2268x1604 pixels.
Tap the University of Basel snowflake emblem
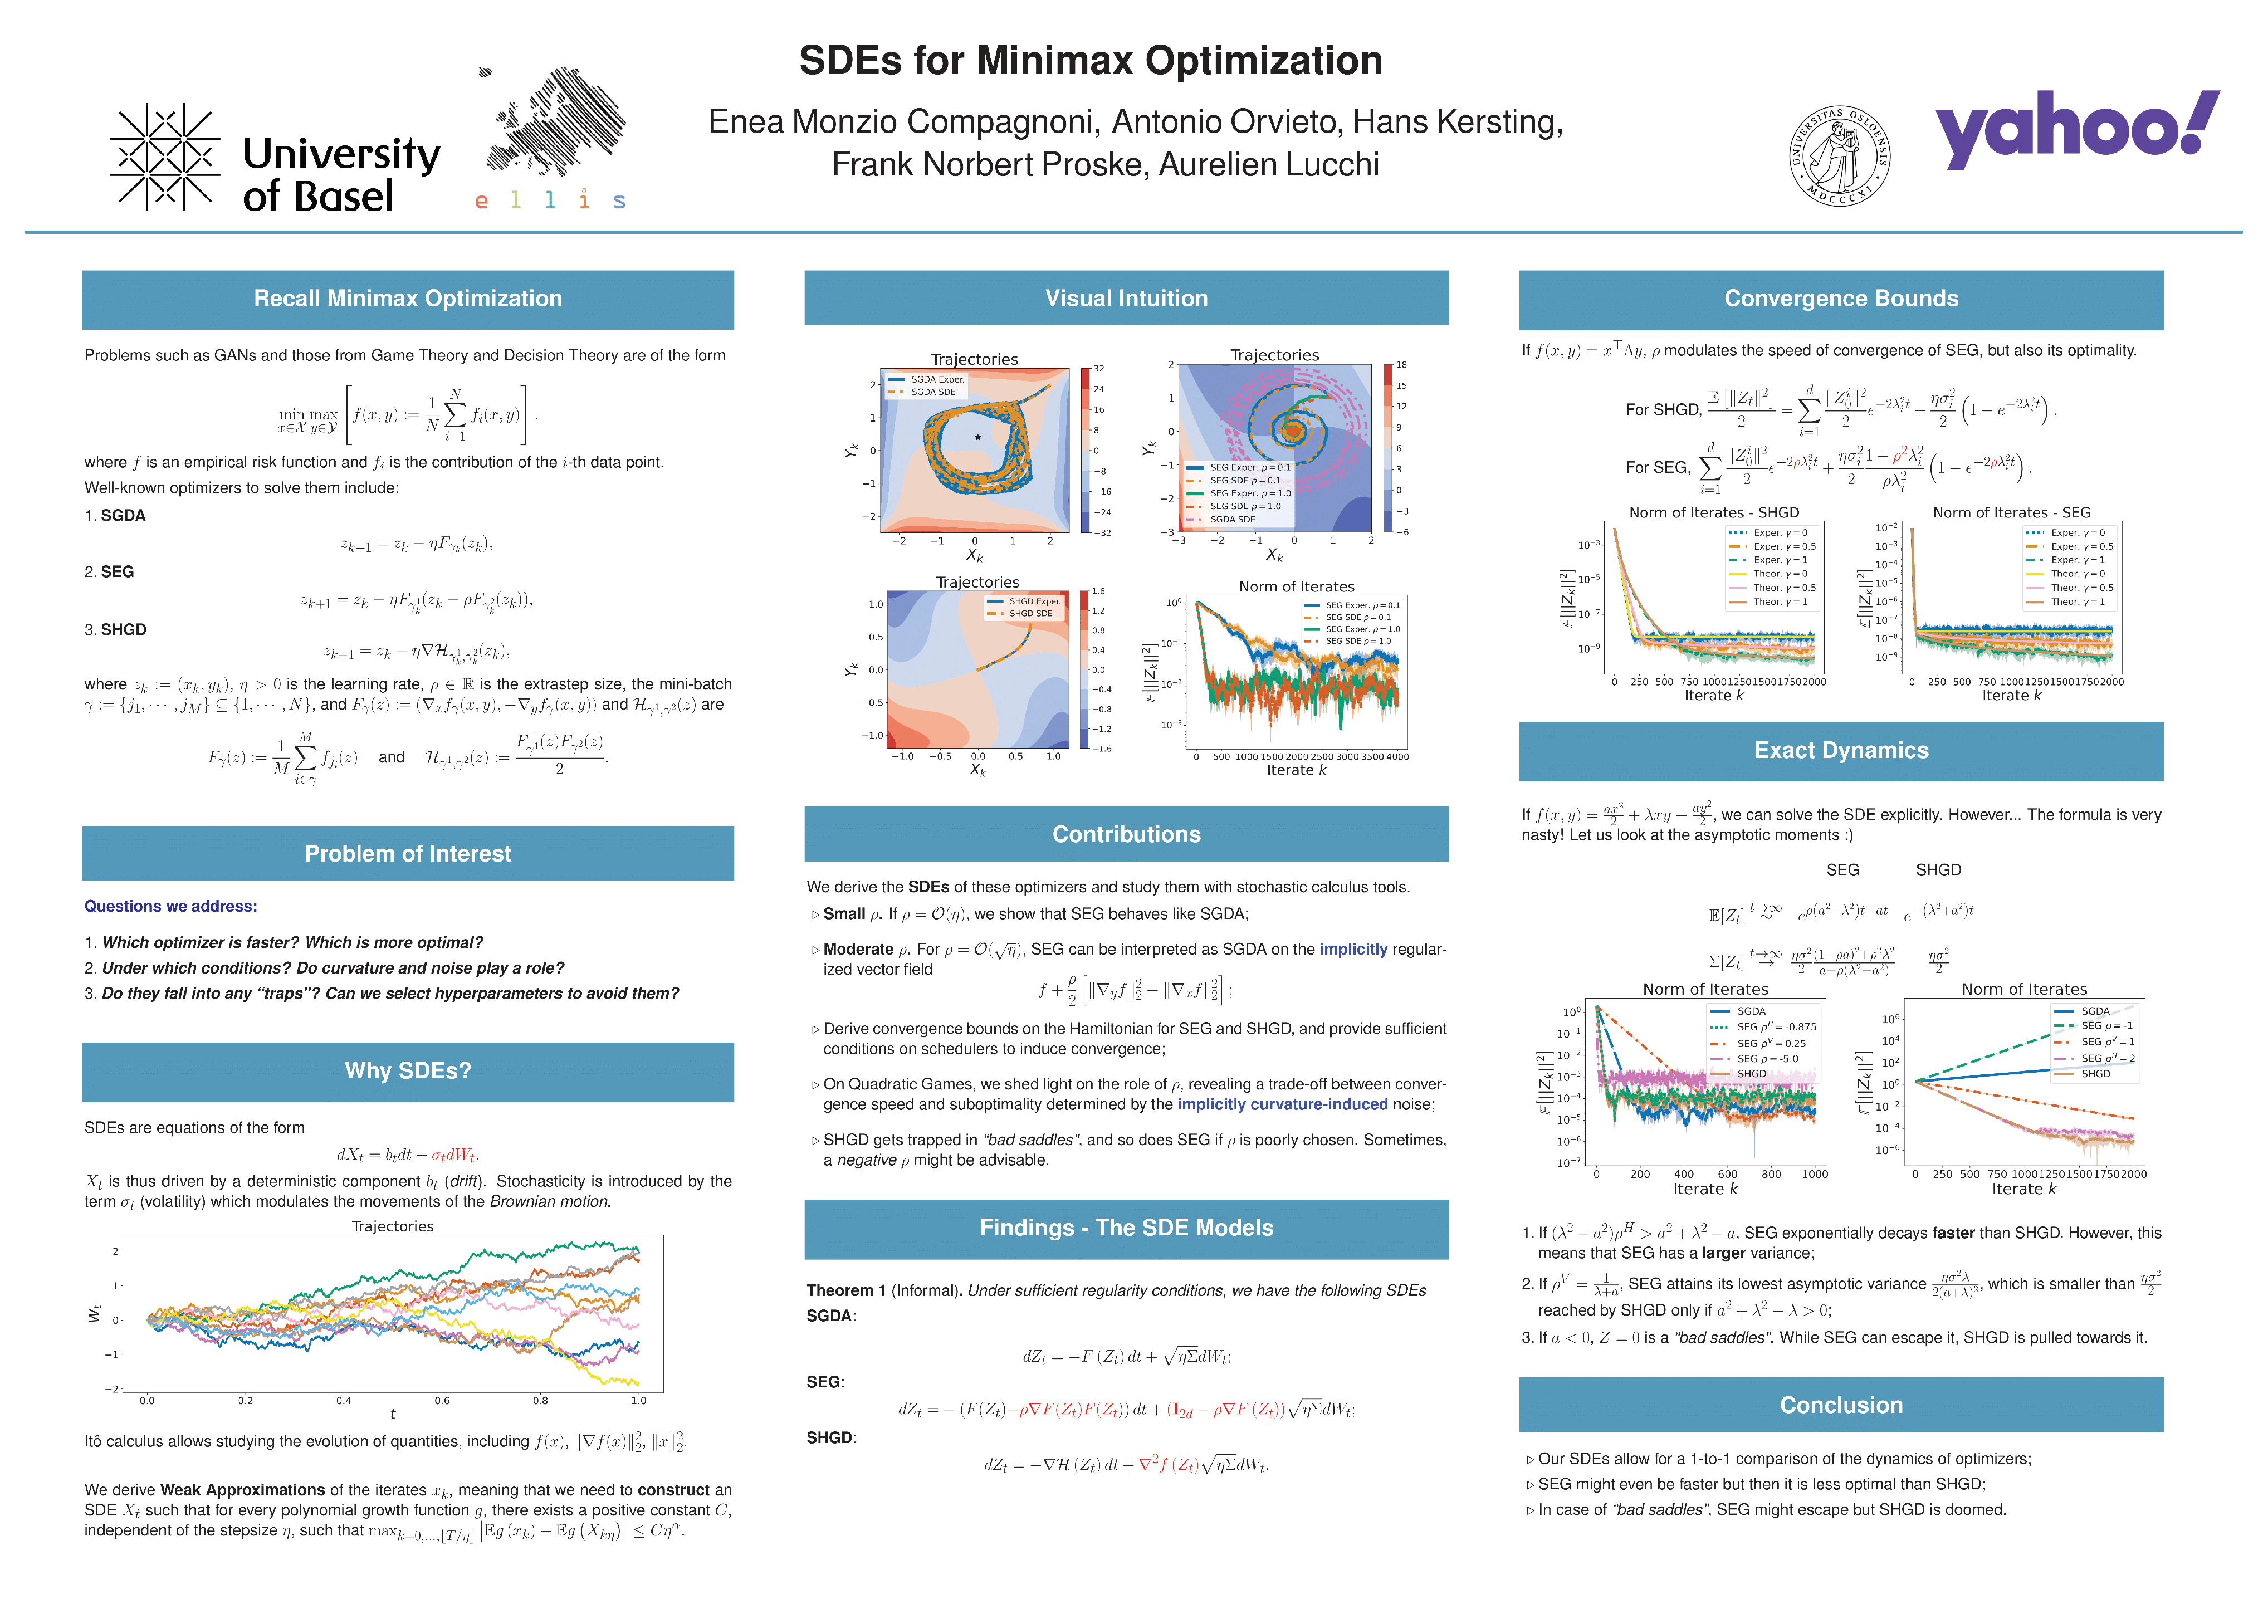point(165,156)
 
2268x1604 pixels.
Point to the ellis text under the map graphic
point(549,200)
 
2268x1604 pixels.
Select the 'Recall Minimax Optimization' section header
point(407,299)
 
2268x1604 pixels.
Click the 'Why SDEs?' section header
point(407,1070)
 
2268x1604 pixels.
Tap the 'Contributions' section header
point(1126,835)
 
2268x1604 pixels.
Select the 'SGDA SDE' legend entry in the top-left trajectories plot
point(932,392)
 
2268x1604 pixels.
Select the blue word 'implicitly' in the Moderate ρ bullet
point(1353,949)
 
